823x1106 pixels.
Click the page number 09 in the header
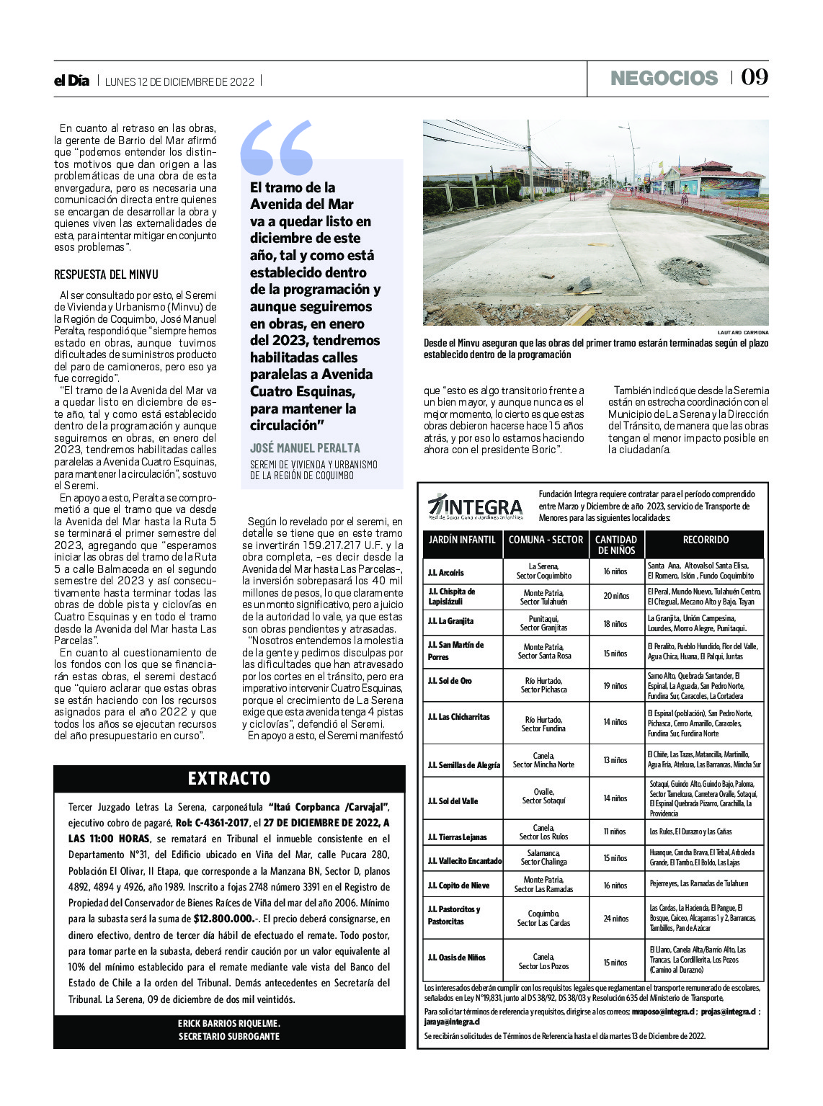755,77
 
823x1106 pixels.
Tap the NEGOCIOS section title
664,78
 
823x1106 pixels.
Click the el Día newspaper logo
71,81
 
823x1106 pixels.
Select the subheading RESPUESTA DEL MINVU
106,275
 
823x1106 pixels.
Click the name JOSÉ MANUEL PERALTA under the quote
305,447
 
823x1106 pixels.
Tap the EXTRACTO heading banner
229,778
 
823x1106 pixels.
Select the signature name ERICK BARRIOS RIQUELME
229,1023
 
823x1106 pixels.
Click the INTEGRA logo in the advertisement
475,507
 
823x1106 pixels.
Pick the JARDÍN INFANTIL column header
462,540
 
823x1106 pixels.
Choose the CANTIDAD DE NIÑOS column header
616,545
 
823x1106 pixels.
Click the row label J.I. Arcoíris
446,572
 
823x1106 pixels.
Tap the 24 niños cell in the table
615,919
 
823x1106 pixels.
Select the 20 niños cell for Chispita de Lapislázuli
616,596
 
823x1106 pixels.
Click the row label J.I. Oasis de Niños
457,958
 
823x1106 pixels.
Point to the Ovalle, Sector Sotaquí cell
544,796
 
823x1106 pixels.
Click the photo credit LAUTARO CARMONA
743,332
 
